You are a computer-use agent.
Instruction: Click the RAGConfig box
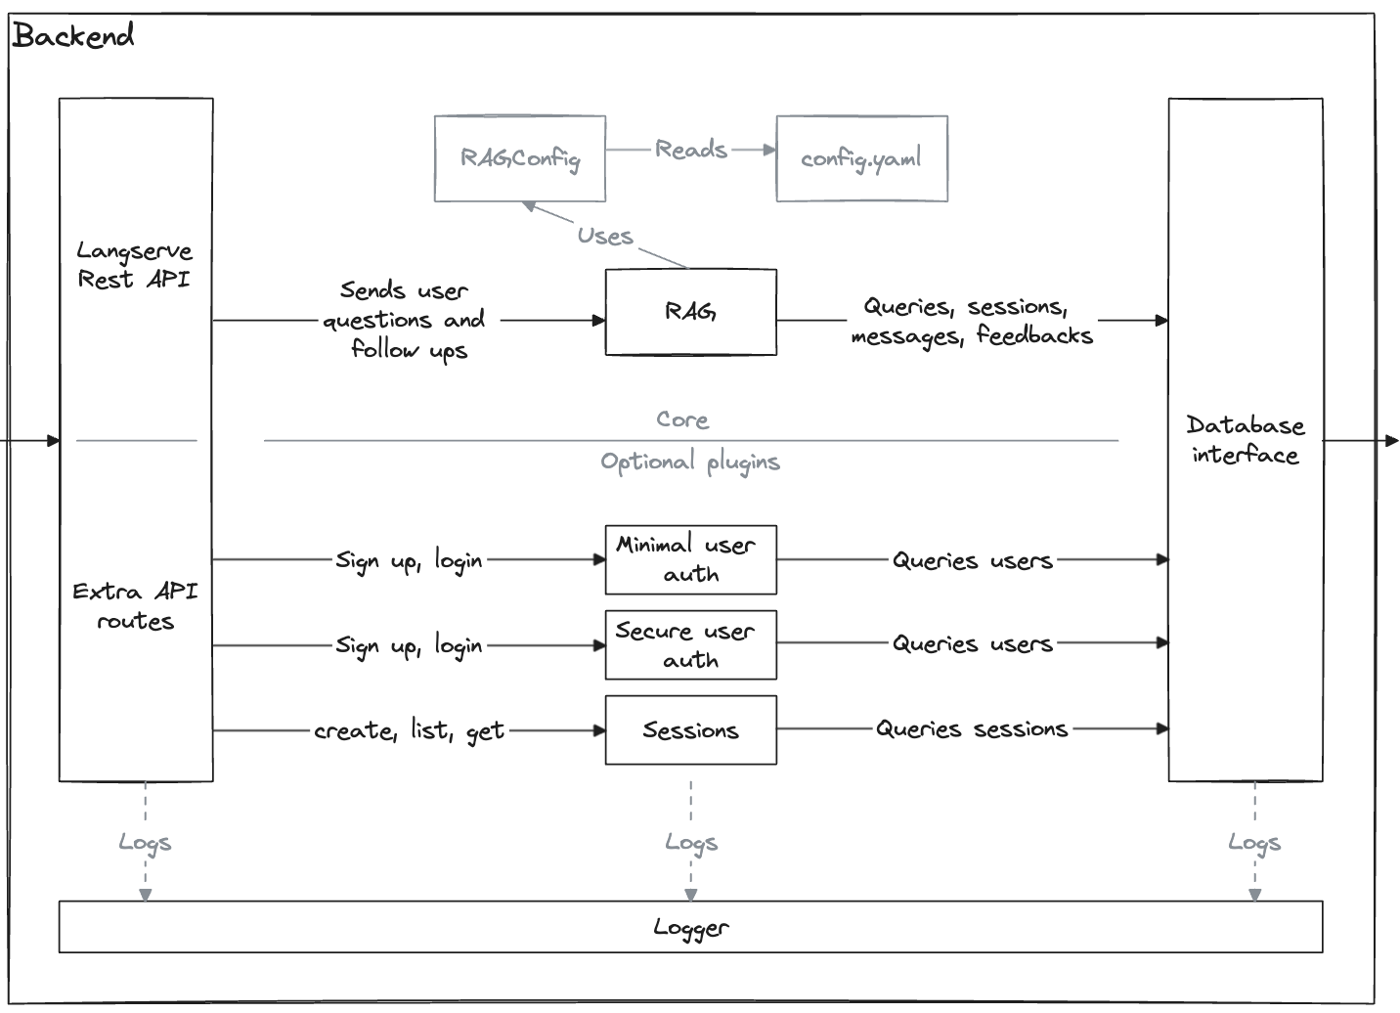519,158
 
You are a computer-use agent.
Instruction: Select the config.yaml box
861,158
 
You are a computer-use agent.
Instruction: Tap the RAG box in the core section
690,312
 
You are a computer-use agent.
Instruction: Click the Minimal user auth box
690,559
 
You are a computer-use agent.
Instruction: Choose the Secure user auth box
690,644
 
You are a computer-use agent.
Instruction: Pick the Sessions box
690,729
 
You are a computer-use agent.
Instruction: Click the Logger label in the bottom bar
690,927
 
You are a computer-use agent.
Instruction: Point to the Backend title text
73,36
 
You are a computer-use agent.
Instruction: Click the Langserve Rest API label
134,265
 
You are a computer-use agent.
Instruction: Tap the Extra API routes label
135,606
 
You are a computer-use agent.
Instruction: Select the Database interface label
1245,440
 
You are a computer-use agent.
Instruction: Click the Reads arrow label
691,150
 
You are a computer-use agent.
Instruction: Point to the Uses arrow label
604,236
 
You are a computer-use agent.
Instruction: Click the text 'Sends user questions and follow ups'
405,320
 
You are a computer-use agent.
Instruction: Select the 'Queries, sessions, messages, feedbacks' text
971,321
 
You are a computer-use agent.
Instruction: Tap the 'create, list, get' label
409,730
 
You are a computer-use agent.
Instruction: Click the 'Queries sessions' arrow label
971,728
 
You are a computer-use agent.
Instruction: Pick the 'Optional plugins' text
690,462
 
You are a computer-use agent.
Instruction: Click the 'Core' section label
682,419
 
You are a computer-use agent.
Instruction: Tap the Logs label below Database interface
1254,842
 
